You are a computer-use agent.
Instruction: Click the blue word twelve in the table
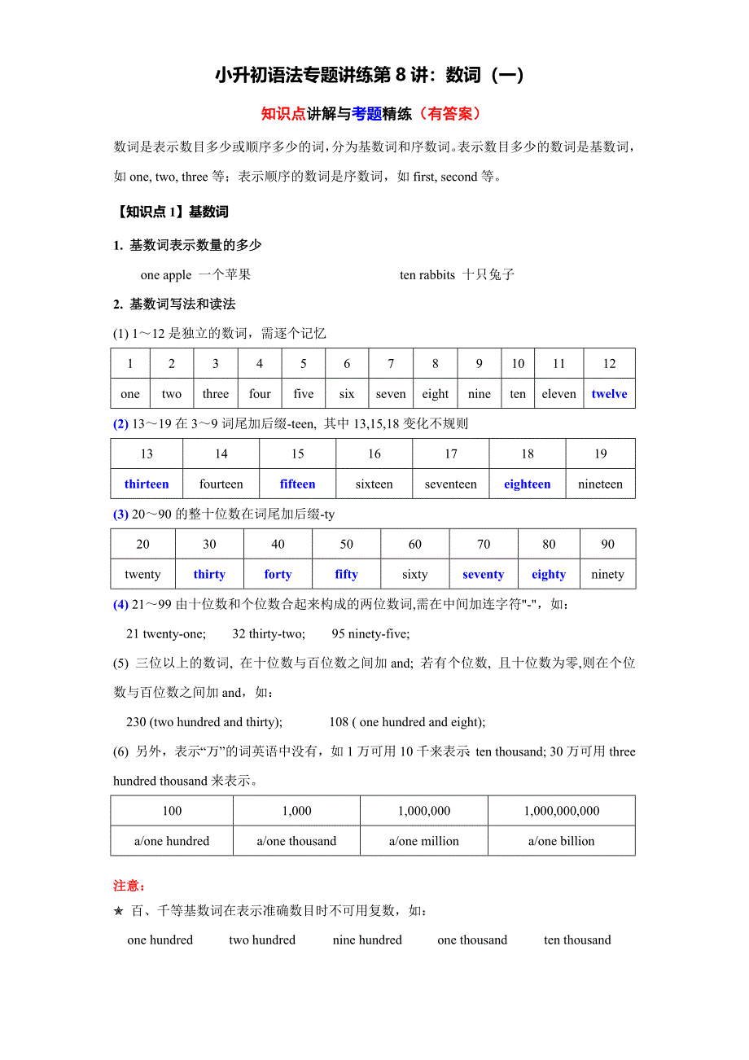[x=609, y=394]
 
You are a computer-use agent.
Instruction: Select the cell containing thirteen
[x=147, y=484]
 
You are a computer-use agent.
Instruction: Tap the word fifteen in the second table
[x=297, y=484]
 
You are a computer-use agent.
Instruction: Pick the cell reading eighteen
[x=527, y=484]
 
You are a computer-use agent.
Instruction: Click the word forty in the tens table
[x=278, y=575]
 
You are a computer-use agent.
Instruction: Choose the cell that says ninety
[x=607, y=575]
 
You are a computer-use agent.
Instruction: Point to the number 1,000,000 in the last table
[x=424, y=811]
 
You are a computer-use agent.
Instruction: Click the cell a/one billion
[x=561, y=841]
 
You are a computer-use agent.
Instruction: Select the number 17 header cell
[x=450, y=454]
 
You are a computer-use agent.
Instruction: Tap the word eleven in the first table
[x=558, y=394]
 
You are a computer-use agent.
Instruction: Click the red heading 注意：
[x=129, y=885]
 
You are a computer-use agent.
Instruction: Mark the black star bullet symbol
[x=119, y=911]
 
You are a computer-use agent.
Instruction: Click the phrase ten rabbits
[x=427, y=275]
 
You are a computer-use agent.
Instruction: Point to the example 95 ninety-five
[x=370, y=634]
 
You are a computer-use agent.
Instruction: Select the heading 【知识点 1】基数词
[x=171, y=212]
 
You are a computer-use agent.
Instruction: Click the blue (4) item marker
[x=120, y=605]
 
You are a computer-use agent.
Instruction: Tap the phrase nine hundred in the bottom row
[x=367, y=940]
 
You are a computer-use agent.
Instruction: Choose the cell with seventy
[x=483, y=575]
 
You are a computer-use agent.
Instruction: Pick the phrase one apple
[x=166, y=275]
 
